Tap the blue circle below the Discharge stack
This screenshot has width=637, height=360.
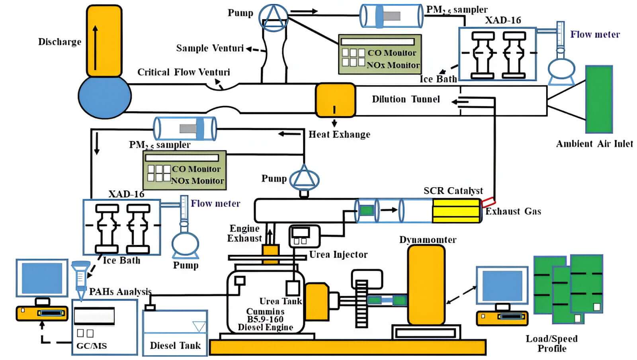(104, 97)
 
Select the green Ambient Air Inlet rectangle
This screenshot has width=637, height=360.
(598, 99)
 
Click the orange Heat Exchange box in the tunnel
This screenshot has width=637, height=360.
(335, 100)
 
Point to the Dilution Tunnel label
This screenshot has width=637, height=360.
(406, 99)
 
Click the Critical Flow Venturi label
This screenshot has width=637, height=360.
(184, 72)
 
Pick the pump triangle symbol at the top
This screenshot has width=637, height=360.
(273, 17)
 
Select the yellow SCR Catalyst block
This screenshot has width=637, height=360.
(456, 211)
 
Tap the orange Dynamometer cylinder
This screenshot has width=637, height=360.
(426, 285)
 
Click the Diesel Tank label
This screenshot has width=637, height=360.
(175, 345)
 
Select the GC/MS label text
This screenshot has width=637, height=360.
(92, 346)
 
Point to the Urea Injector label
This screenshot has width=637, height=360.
(338, 254)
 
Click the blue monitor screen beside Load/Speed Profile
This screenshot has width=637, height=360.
(502, 286)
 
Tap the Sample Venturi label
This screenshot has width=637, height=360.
(209, 48)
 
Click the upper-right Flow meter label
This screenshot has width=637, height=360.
(595, 35)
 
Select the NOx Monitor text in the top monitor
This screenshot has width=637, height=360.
(393, 65)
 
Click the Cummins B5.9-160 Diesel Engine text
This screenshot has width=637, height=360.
(265, 319)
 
